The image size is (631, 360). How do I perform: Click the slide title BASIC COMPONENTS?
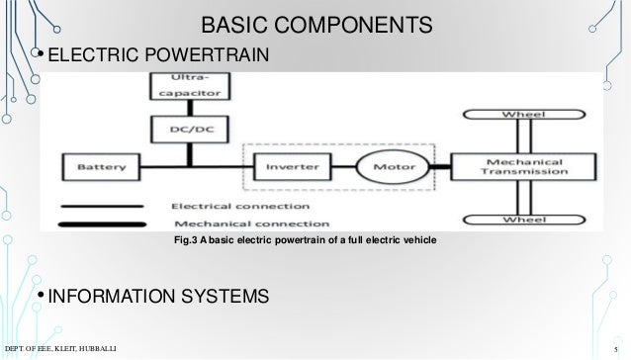pos(316,23)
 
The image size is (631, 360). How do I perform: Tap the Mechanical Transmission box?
pos(523,166)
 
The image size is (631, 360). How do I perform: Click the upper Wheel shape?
pos(523,116)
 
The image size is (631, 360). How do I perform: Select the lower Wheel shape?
pos(523,219)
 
